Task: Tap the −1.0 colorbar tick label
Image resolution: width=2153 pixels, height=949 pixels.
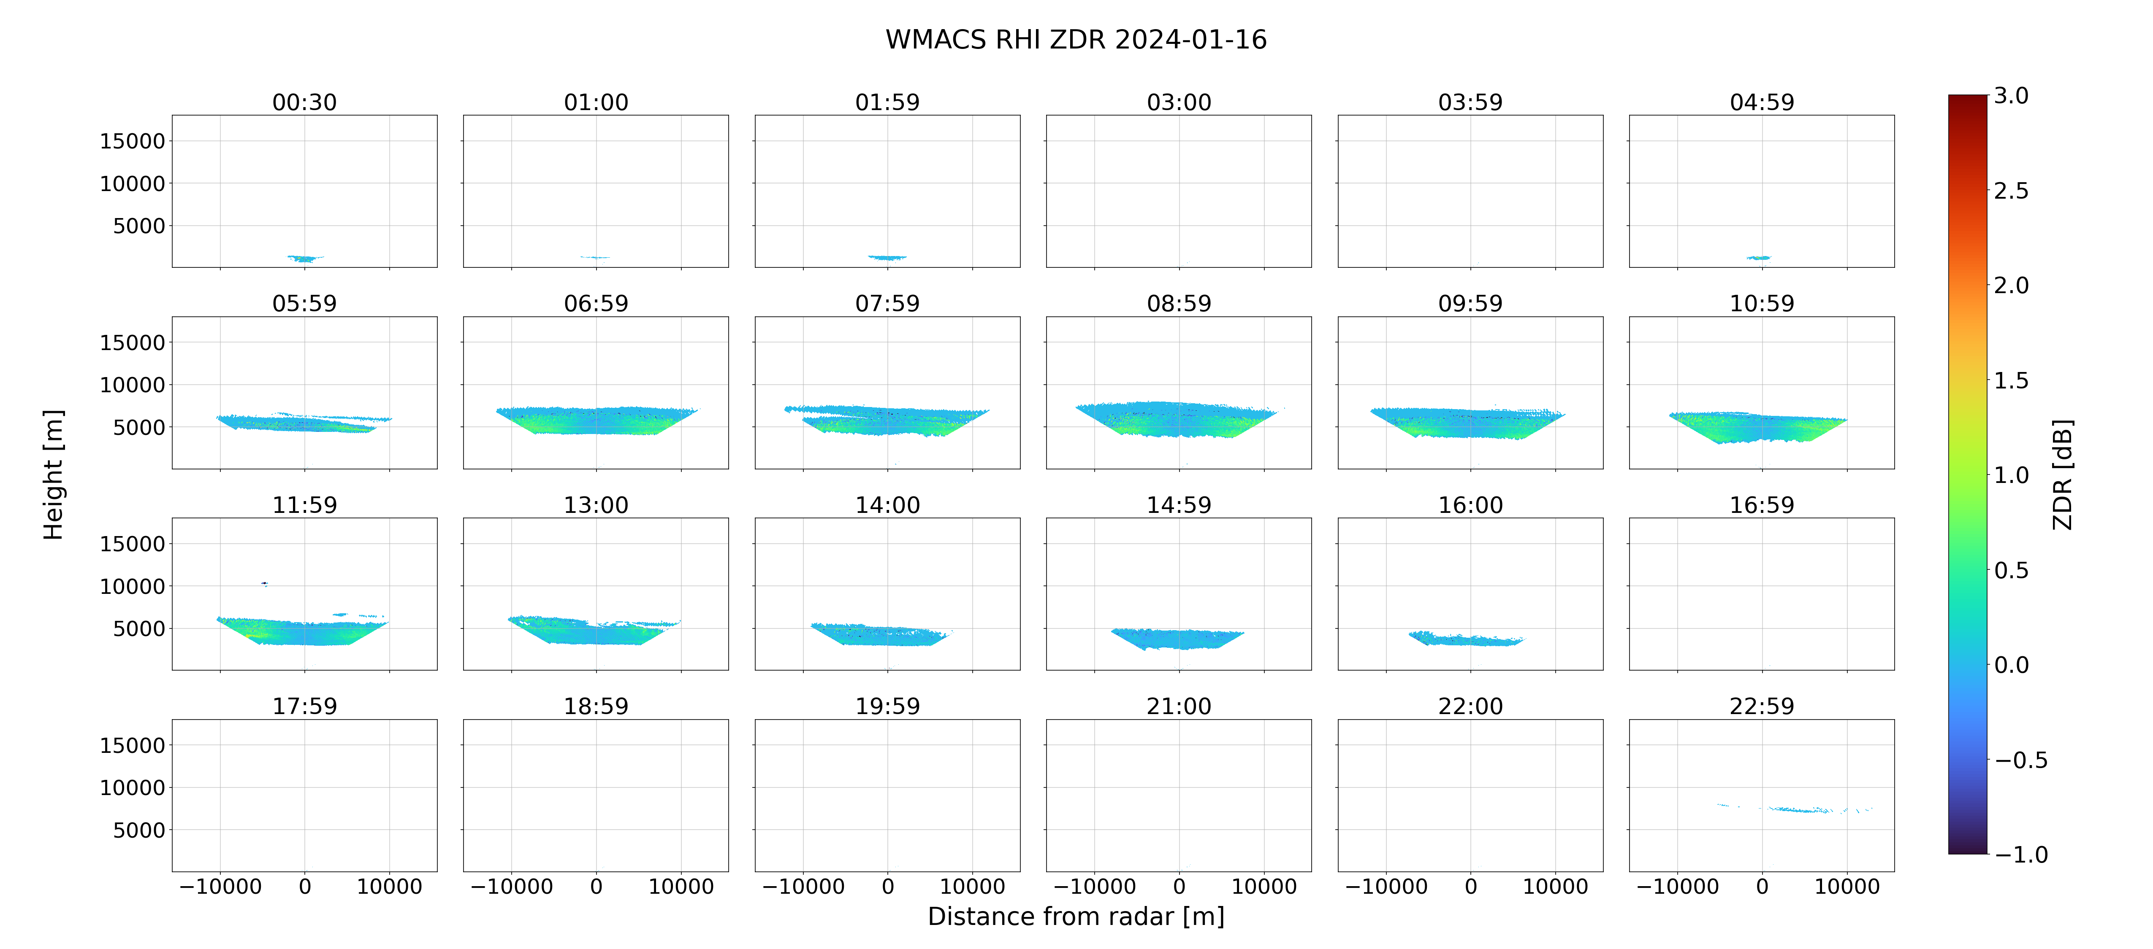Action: point(2021,855)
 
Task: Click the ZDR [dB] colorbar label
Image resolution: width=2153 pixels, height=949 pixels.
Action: point(2063,474)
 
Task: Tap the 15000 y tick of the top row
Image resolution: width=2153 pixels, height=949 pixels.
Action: point(132,141)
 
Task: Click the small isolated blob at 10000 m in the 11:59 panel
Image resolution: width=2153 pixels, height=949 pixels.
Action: point(265,583)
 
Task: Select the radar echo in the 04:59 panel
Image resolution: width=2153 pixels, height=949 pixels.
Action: point(1759,258)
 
